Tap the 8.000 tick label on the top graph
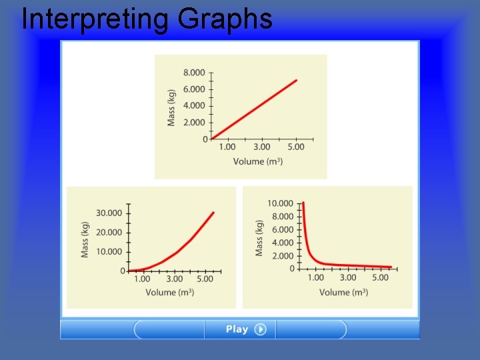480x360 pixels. pyautogui.click(x=194, y=73)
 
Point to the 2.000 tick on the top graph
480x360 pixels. pyautogui.click(x=194, y=122)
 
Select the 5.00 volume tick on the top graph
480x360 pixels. pyautogui.click(x=295, y=147)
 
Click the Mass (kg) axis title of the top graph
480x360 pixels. pyautogui.click(x=171, y=107)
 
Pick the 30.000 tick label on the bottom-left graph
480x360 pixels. pyautogui.click(x=109, y=213)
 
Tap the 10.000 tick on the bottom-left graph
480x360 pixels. pyautogui.click(x=109, y=251)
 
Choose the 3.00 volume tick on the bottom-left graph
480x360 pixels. pyautogui.click(x=174, y=279)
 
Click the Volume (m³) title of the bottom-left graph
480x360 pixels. pyautogui.click(x=170, y=292)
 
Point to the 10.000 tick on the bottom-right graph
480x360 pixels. pyautogui.click(x=280, y=203)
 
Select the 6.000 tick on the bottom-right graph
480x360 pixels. pyautogui.click(x=282, y=229)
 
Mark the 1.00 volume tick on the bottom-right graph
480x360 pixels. pyautogui.click(x=315, y=277)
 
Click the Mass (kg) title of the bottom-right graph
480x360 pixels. pyautogui.click(x=259, y=238)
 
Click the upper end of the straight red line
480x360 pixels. pyautogui.click(x=297, y=80)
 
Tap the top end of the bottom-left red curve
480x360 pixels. pyautogui.click(x=213, y=213)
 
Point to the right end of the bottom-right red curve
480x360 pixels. pyautogui.click(x=391, y=267)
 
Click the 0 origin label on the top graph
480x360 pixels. pyautogui.click(x=205, y=139)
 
